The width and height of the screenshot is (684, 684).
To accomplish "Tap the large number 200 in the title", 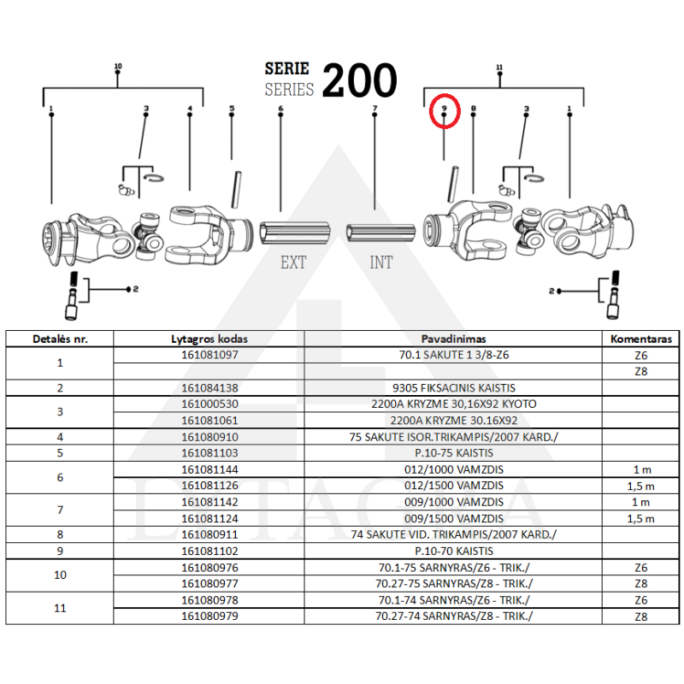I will (x=359, y=81).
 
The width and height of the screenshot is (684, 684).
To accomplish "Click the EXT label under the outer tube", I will (x=293, y=262).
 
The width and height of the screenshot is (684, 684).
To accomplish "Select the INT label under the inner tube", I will (x=381, y=262).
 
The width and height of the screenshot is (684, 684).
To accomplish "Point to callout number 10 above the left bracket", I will (x=118, y=67).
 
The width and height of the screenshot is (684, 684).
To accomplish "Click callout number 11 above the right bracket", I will (x=499, y=67).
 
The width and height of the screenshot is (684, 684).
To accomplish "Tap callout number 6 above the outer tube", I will (x=280, y=109).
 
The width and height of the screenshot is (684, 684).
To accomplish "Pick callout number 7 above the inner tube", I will (x=374, y=109).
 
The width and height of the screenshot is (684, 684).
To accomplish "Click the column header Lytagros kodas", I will (x=210, y=339).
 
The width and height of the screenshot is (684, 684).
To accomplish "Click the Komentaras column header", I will (x=641, y=339).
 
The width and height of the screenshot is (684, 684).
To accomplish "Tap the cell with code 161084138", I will (x=210, y=387).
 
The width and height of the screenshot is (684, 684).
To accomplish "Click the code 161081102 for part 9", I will (x=210, y=551).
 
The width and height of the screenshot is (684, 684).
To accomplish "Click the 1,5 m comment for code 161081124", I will (x=641, y=518).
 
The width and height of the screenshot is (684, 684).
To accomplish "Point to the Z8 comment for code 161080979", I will (x=641, y=616).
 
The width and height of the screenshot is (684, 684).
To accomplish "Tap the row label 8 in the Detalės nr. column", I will (x=60, y=534).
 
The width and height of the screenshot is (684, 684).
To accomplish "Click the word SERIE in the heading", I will (x=287, y=69).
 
